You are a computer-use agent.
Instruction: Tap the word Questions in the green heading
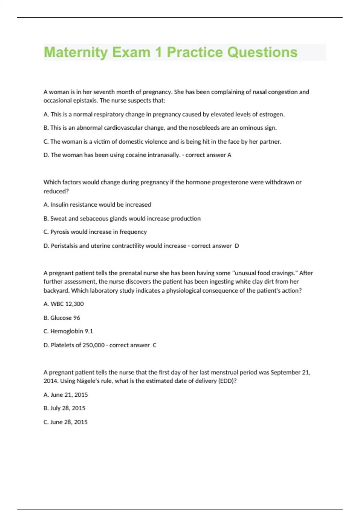pos(262,52)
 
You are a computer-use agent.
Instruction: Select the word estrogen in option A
pos(271,114)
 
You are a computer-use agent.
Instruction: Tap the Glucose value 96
pos(76,318)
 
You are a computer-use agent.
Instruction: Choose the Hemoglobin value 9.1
pos(89,331)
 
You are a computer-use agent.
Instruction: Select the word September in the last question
pos(286,372)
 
